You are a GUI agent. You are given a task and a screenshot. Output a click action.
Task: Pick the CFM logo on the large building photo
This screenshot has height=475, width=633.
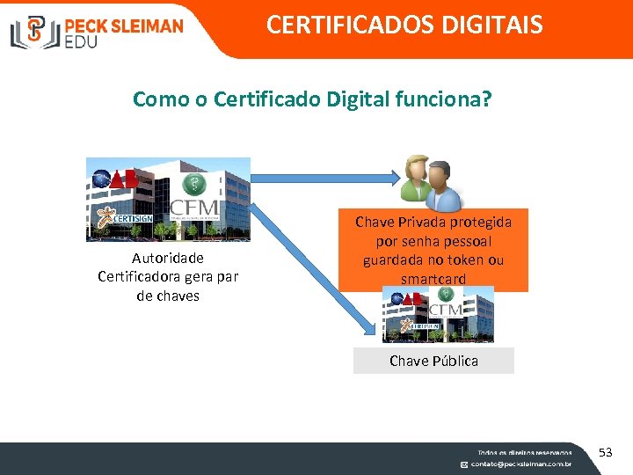click(x=196, y=211)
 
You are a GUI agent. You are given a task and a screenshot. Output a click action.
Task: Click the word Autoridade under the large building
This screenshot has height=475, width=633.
click(x=167, y=258)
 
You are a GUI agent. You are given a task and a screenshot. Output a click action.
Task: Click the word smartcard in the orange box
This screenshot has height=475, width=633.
click(x=433, y=280)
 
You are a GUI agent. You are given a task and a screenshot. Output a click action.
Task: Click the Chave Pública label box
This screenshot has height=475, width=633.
click(x=433, y=361)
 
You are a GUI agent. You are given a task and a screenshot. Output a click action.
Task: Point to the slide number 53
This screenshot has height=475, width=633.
click(x=605, y=452)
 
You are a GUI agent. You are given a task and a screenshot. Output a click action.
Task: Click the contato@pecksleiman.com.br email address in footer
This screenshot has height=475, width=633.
click(x=520, y=464)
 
